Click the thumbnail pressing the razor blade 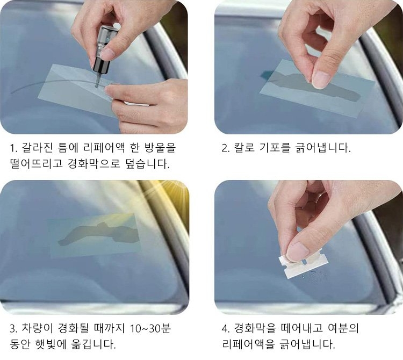pyautogui.click(x=297, y=253)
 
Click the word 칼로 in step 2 pyautogui.click(x=244, y=148)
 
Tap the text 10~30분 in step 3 pyautogui.click(x=150, y=328)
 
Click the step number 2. pyautogui.click(x=225, y=148)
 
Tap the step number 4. pyautogui.click(x=225, y=329)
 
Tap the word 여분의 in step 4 pyautogui.click(x=343, y=328)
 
